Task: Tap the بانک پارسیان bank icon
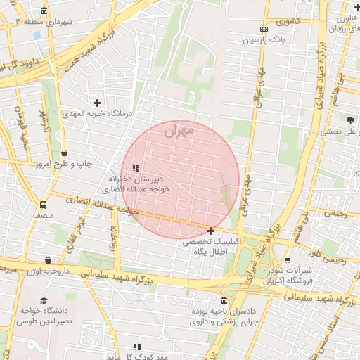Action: [x=264, y=29]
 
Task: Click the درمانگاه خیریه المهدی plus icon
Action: [x=98, y=103]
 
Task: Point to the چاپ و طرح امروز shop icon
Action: [x=65, y=153]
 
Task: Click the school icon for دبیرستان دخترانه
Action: [x=136, y=168]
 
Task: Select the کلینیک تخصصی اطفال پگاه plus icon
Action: [x=210, y=231]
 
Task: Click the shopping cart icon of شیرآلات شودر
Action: [x=288, y=260]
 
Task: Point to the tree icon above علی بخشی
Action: [x=350, y=119]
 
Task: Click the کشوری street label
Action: [x=289, y=20]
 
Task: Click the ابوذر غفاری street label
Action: [x=76, y=235]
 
